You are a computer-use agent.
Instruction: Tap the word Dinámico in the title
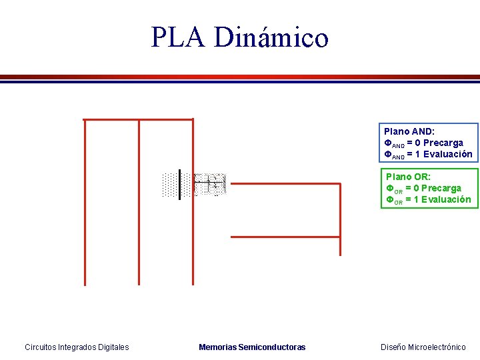[x=271, y=38]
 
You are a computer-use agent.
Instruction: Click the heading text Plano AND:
[x=409, y=132]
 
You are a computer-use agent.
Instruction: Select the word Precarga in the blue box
[x=443, y=143]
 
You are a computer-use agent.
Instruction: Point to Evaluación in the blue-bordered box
[x=447, y=154]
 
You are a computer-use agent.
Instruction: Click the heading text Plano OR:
[x=409, y=177]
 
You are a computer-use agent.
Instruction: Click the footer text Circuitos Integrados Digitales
[x=77, y=347]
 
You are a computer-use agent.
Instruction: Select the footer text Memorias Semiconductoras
[x=252, y=347]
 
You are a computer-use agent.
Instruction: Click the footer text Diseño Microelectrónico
[x=423, y=347]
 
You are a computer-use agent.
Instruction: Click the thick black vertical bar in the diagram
[x=180, y=184]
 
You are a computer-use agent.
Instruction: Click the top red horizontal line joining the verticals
[x=138, y=120]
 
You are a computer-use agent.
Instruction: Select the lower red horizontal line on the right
[x=285, y=236]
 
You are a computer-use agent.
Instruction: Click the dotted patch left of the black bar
[x=170, y=185]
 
